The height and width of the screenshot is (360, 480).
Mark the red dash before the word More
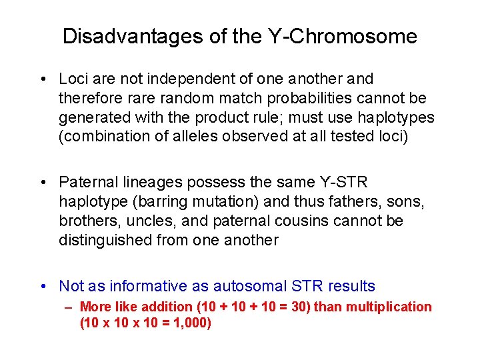tap(69, 307)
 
